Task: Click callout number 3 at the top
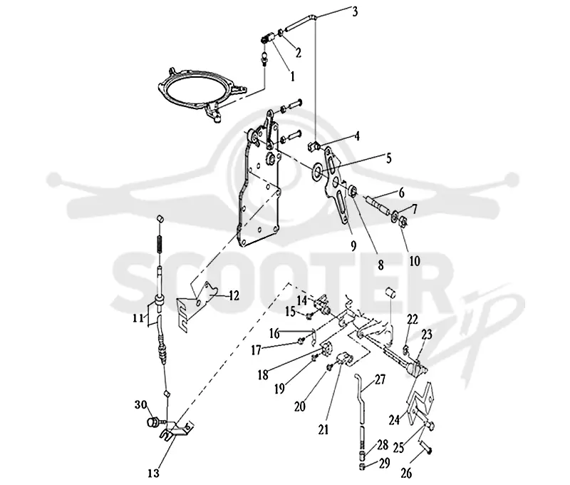[x=355, y=11]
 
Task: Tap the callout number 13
[x=154, y=474]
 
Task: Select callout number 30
[x=140, y=404]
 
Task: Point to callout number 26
[x=406, y=473]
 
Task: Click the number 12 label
[x=234, y=295]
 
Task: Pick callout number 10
[x=415, y=260]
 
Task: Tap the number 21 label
[x=323, y=429]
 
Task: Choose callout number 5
[x=388, y=158]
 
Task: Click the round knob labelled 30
[x=152, y=422]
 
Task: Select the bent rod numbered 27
[x=361, y=404]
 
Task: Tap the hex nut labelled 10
[x=403, y=222]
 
